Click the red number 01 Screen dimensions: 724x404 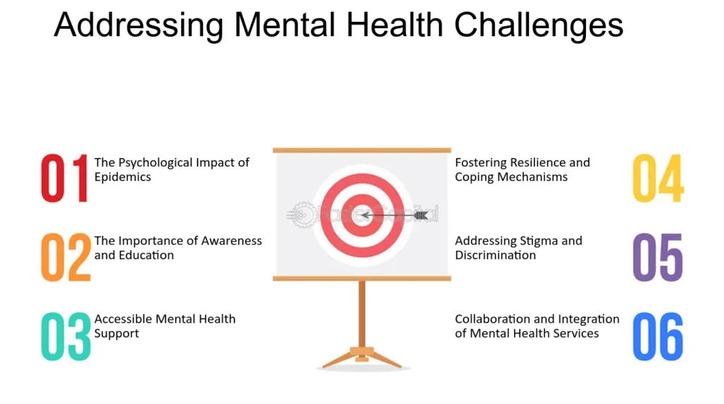(x=64, y=178)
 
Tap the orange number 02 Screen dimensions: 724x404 (x=66, y=257)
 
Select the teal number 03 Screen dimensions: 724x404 (x=66, y=335)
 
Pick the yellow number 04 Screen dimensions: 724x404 (x=658, y=178)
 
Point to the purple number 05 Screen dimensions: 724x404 (x=658, y=257)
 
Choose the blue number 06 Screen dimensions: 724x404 (x=658, y=335)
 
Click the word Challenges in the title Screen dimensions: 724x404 (x=538, y=26)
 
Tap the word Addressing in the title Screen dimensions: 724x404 (x=139, y=26)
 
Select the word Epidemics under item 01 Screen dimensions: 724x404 (x=122, y=177)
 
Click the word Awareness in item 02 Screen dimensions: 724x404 (x=231, y=241)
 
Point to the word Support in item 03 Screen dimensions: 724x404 (x=117, y=334)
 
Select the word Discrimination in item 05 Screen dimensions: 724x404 (x=496, y=255)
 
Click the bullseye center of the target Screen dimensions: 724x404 (x=363, y=215)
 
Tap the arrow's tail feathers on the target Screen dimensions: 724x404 (x=421, y=215)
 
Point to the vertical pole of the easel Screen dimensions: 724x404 (x=362, y=314)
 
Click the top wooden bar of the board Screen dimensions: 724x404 (x=362, y=150)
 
